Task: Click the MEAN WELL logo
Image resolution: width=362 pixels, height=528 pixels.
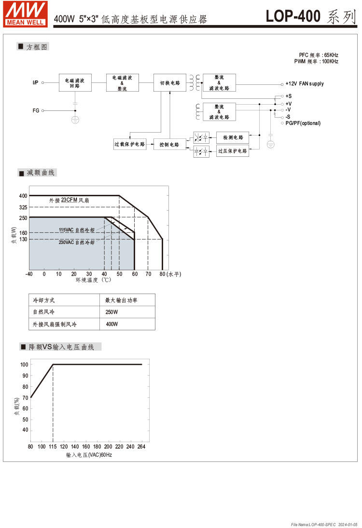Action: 26,14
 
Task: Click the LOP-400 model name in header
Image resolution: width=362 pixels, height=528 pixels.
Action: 293,16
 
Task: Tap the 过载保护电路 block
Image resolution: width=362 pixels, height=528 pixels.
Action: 130,144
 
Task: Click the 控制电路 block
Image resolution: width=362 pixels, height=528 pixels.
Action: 170,144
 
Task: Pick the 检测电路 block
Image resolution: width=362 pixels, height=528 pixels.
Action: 233,137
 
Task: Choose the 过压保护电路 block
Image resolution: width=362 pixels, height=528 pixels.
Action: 233,151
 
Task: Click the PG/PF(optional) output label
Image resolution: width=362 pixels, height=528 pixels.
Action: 303,123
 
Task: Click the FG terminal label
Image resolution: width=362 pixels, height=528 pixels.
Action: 36,110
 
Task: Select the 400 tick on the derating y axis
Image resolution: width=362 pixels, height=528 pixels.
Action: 23,196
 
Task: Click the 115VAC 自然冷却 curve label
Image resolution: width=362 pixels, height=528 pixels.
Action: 77,230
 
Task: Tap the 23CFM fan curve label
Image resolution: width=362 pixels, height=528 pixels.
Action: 69,200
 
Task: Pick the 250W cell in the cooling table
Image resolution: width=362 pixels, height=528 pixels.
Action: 111,312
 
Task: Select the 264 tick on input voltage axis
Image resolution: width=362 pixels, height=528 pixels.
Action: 141,447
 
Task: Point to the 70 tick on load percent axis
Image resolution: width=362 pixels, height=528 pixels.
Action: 25,398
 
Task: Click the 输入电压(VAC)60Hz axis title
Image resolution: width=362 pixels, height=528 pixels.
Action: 89,455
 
